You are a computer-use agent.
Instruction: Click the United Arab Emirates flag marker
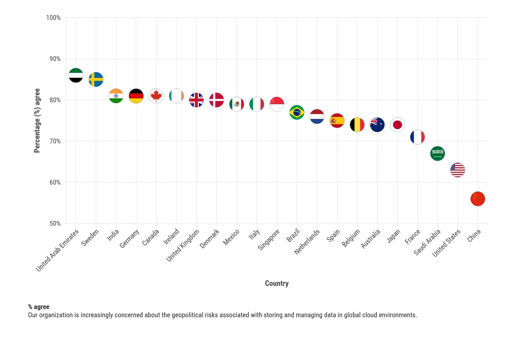coord(76,75)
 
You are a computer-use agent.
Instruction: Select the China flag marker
coord(478,199)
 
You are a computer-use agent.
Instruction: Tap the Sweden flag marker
coord(96,79)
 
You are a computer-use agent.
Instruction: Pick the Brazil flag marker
coord(297,112)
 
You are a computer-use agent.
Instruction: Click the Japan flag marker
coord(397,124)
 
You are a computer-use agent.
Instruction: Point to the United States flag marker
coord(457,170)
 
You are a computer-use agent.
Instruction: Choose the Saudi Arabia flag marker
coord(437,154)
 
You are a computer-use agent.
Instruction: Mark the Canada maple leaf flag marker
coord(156,96)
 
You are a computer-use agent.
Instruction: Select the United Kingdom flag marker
coord(197,100)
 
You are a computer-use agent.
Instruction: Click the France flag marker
coord(417,137)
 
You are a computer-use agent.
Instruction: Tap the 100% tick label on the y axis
coord(53,18)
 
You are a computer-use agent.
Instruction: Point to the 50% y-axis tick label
coord(55,223)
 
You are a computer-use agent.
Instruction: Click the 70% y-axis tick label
coord(55,141)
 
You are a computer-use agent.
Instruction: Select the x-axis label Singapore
coord(269,240)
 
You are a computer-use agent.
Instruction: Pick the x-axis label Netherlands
coord(307,242)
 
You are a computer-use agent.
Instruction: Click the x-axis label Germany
coord(130,238)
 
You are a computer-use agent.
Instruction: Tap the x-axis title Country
coord(277,283)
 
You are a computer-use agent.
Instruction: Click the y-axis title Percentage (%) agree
coord(37,120)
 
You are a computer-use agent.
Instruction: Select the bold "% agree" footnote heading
coord(39,307)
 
